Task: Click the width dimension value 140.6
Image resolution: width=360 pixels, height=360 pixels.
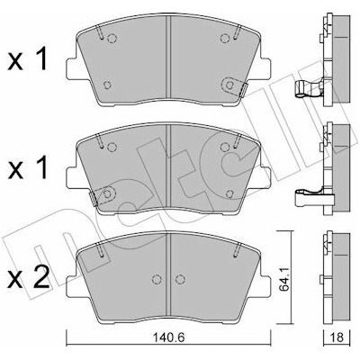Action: tap(169, 337)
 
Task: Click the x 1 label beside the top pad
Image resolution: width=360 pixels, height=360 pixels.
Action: tap(28, 59)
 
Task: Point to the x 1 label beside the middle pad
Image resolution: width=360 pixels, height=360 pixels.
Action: tap(28, 168)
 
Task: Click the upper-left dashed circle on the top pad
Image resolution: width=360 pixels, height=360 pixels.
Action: tap(112, 38)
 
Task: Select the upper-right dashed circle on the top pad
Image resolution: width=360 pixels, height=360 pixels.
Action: tap(225, 38)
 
